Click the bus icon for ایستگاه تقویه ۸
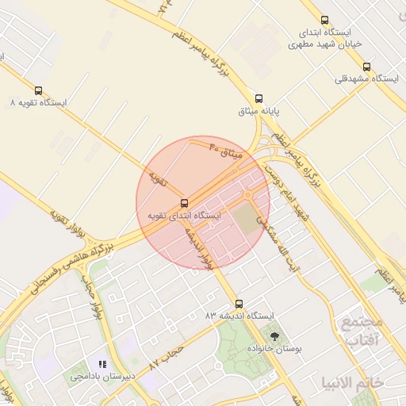pyautogui.click(x=39, y=90)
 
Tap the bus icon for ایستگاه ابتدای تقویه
pyautogui.click(x=185, y=203)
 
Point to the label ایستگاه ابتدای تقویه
pyautogui.click(x=185, y=216)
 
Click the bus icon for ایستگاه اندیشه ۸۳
pyautogui.click(x=239, y=304)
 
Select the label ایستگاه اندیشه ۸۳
pyautogui.click(x=238, y=316)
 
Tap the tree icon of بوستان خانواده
pyautogui.click(x=275, y=336)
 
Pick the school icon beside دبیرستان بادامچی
pyautogui.click(x=101, y=364)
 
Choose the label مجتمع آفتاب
pyautogui.click(x=362, y=331)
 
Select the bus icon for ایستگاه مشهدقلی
pyautogui.click(x=366, y=67)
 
